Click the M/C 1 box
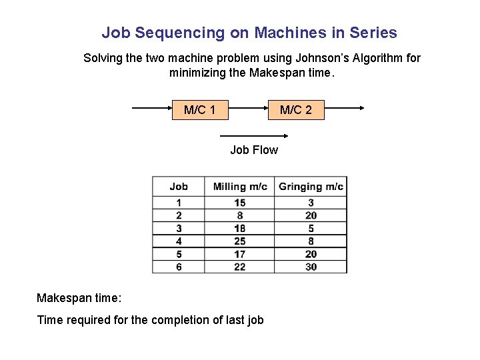200,109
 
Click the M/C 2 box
295,109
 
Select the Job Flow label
254,150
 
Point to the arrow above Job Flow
249,135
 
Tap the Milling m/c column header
240,187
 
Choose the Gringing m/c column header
311,187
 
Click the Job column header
179,187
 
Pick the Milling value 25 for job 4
240,241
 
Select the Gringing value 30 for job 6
311,267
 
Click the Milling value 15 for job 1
240,203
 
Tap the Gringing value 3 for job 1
311,203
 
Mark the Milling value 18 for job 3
240,228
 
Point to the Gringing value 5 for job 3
311,228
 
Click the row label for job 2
179,215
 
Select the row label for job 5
179,254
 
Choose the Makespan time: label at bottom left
79,297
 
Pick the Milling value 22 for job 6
240,267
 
